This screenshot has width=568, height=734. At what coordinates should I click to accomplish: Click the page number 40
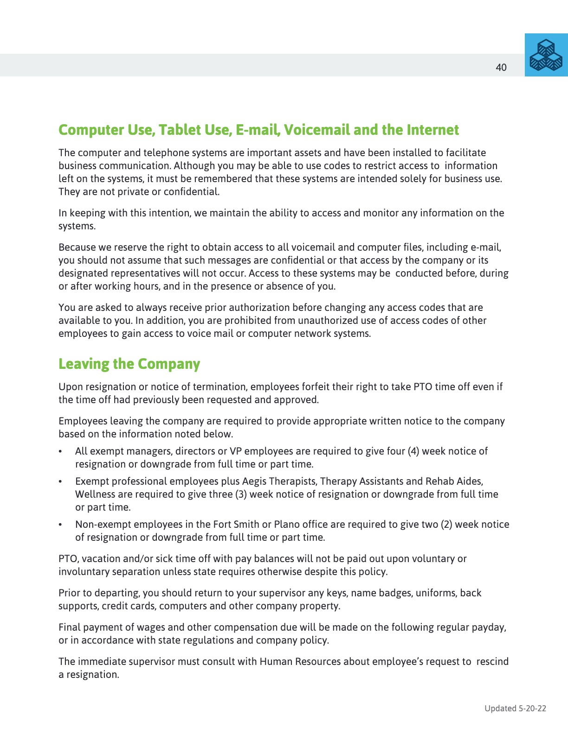click(501, 68)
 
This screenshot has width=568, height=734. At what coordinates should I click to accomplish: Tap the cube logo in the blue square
click(546, 55)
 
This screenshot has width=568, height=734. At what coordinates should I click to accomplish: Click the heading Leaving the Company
click(129, 364)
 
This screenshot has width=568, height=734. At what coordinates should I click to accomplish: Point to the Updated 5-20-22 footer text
click(515, 708)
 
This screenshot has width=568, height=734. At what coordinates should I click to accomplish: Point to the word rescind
click(492, 662)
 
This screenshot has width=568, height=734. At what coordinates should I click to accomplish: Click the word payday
click(488, 627)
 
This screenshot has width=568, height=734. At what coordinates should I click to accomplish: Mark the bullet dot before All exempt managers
click(60, 452)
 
